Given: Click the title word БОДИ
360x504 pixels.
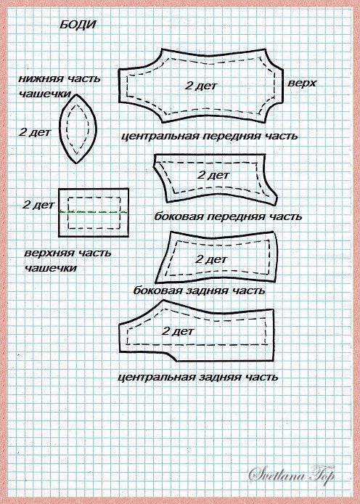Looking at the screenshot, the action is coord(78,25).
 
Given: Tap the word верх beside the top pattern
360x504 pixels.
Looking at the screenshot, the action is coord(301,83).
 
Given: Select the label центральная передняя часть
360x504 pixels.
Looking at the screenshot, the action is coord(209,136).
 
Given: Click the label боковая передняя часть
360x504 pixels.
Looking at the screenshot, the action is coord(228,216).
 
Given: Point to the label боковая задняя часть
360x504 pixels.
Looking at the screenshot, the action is coord(199,290).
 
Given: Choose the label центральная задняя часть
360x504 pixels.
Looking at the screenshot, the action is coord(198,376).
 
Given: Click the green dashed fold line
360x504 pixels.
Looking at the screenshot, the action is coord(94,213).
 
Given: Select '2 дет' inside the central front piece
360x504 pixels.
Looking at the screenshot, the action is coord(201,86).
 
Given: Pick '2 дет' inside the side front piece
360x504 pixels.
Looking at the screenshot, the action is coord(213,175).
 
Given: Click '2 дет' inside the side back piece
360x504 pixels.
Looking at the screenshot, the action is coord(211,259).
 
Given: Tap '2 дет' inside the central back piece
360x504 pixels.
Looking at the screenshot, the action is coord(178,331).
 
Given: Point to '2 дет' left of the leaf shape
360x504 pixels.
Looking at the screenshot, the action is coord(35,131).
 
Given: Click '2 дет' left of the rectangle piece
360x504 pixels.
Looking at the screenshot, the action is coord(38,205).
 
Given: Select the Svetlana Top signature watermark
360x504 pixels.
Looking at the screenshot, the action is coord(292,474).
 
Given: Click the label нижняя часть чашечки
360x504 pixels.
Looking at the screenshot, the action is coord(60,86).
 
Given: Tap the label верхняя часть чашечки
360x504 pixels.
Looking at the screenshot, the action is coord(67,260).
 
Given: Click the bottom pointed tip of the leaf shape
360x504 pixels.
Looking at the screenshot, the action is coord(76,163).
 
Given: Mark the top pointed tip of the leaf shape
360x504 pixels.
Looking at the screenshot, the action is coord(76,94).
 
